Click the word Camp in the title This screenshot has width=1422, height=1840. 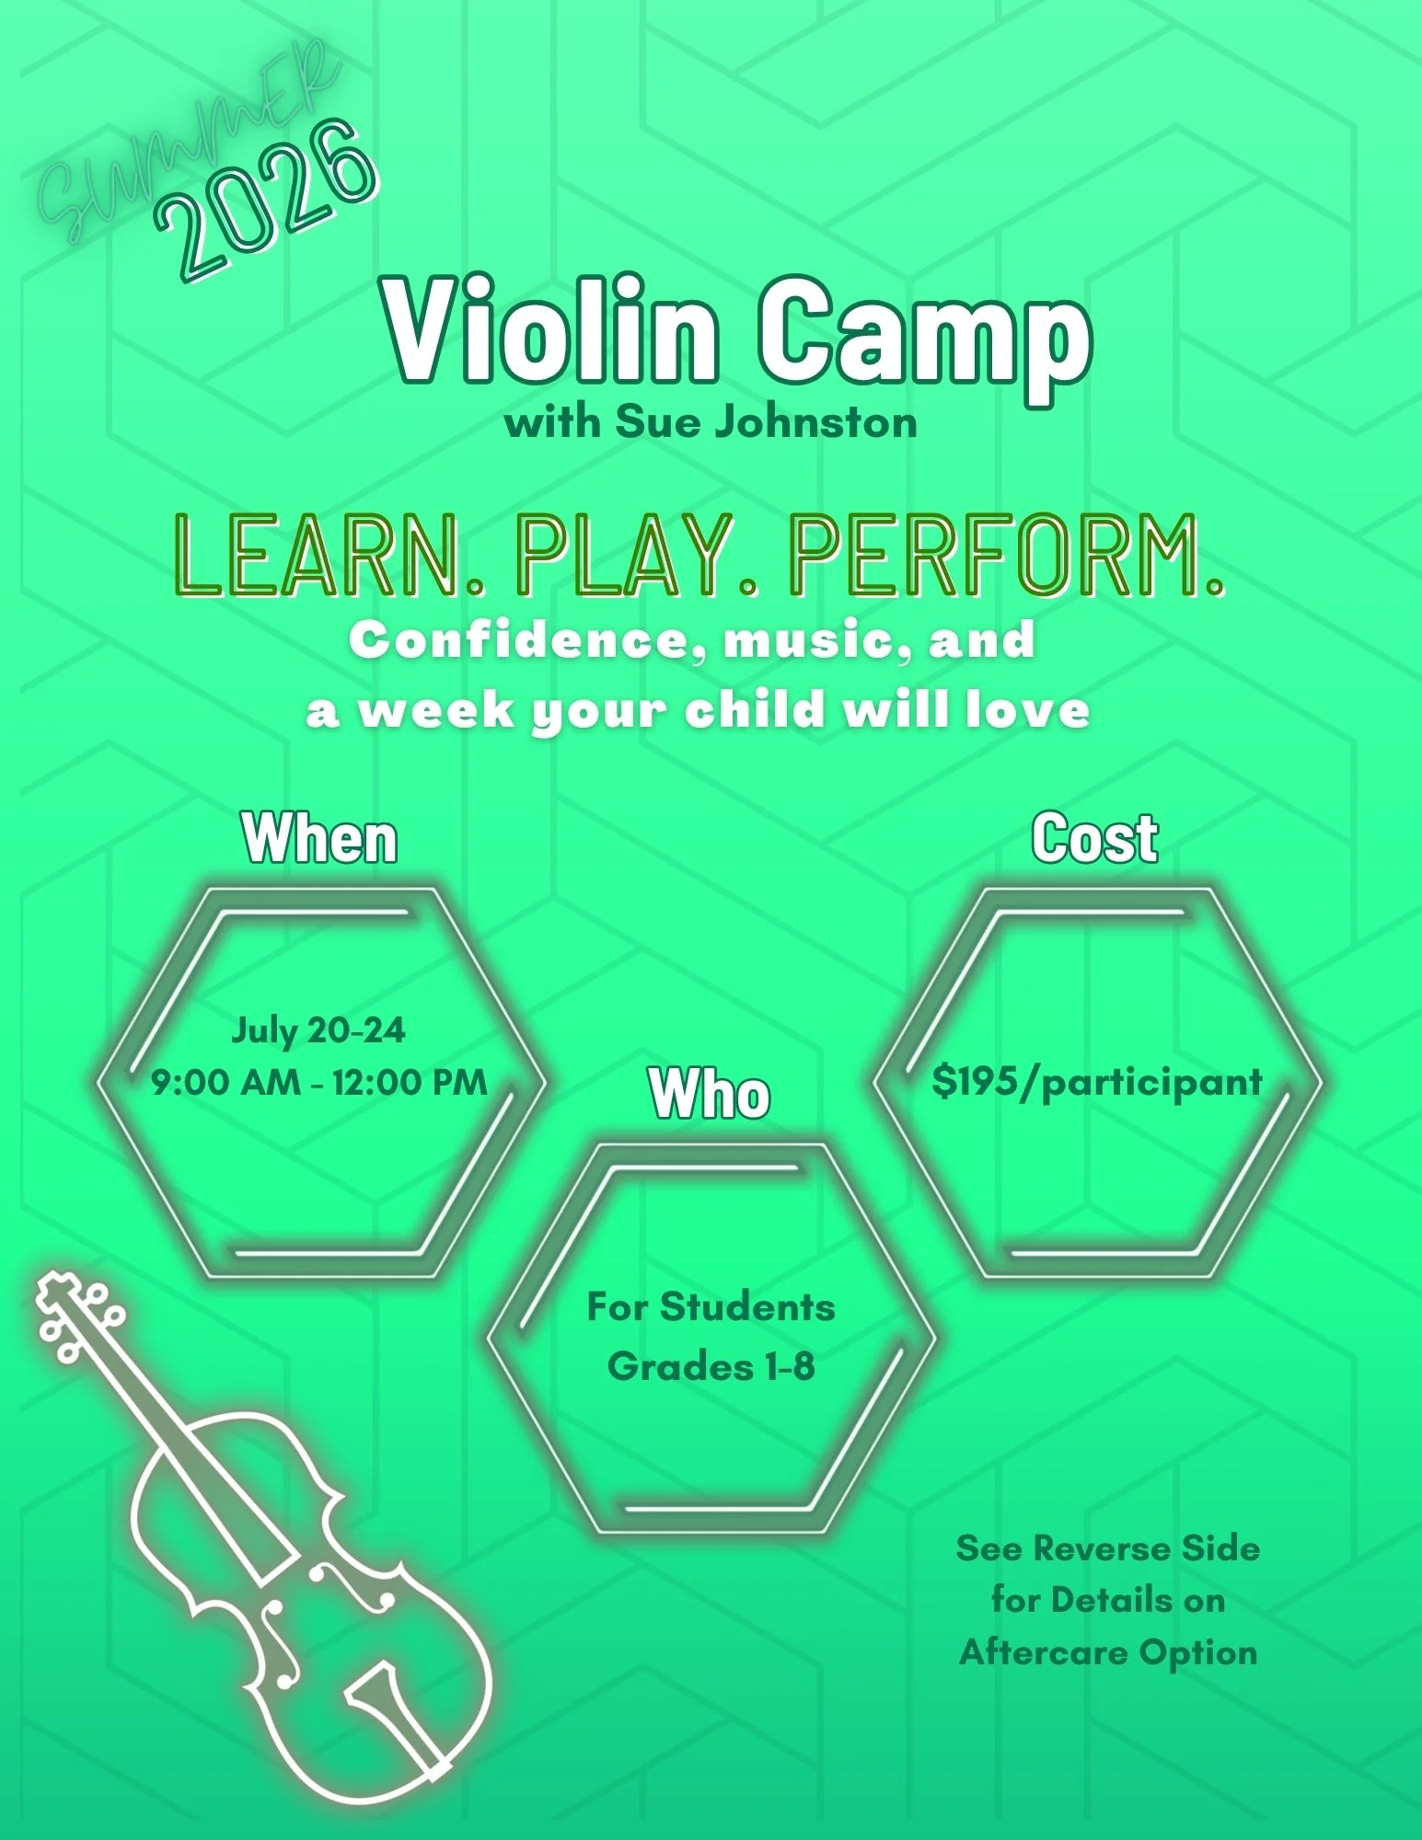pyautogui.click(x=924, y=342)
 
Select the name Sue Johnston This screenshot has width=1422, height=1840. pyautogui.click(x=766, y=422)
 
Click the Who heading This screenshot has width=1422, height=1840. pyautogui.click(x=710, y=1094)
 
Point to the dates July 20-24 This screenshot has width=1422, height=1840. pyautogui.click(x=318, y=1029)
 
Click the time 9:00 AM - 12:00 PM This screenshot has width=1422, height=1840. pyautogui.click(x=319, y=1082)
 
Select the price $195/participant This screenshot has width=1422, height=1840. pyautogui.click(x=1097, y=1083)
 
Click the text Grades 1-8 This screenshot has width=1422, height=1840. pyautogui.click(x=711, y=1366)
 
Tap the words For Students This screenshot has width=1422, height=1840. pyautogui.click(x=711, y=1306)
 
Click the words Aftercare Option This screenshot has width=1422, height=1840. pyautogui.click(x=1108, y=1651)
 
